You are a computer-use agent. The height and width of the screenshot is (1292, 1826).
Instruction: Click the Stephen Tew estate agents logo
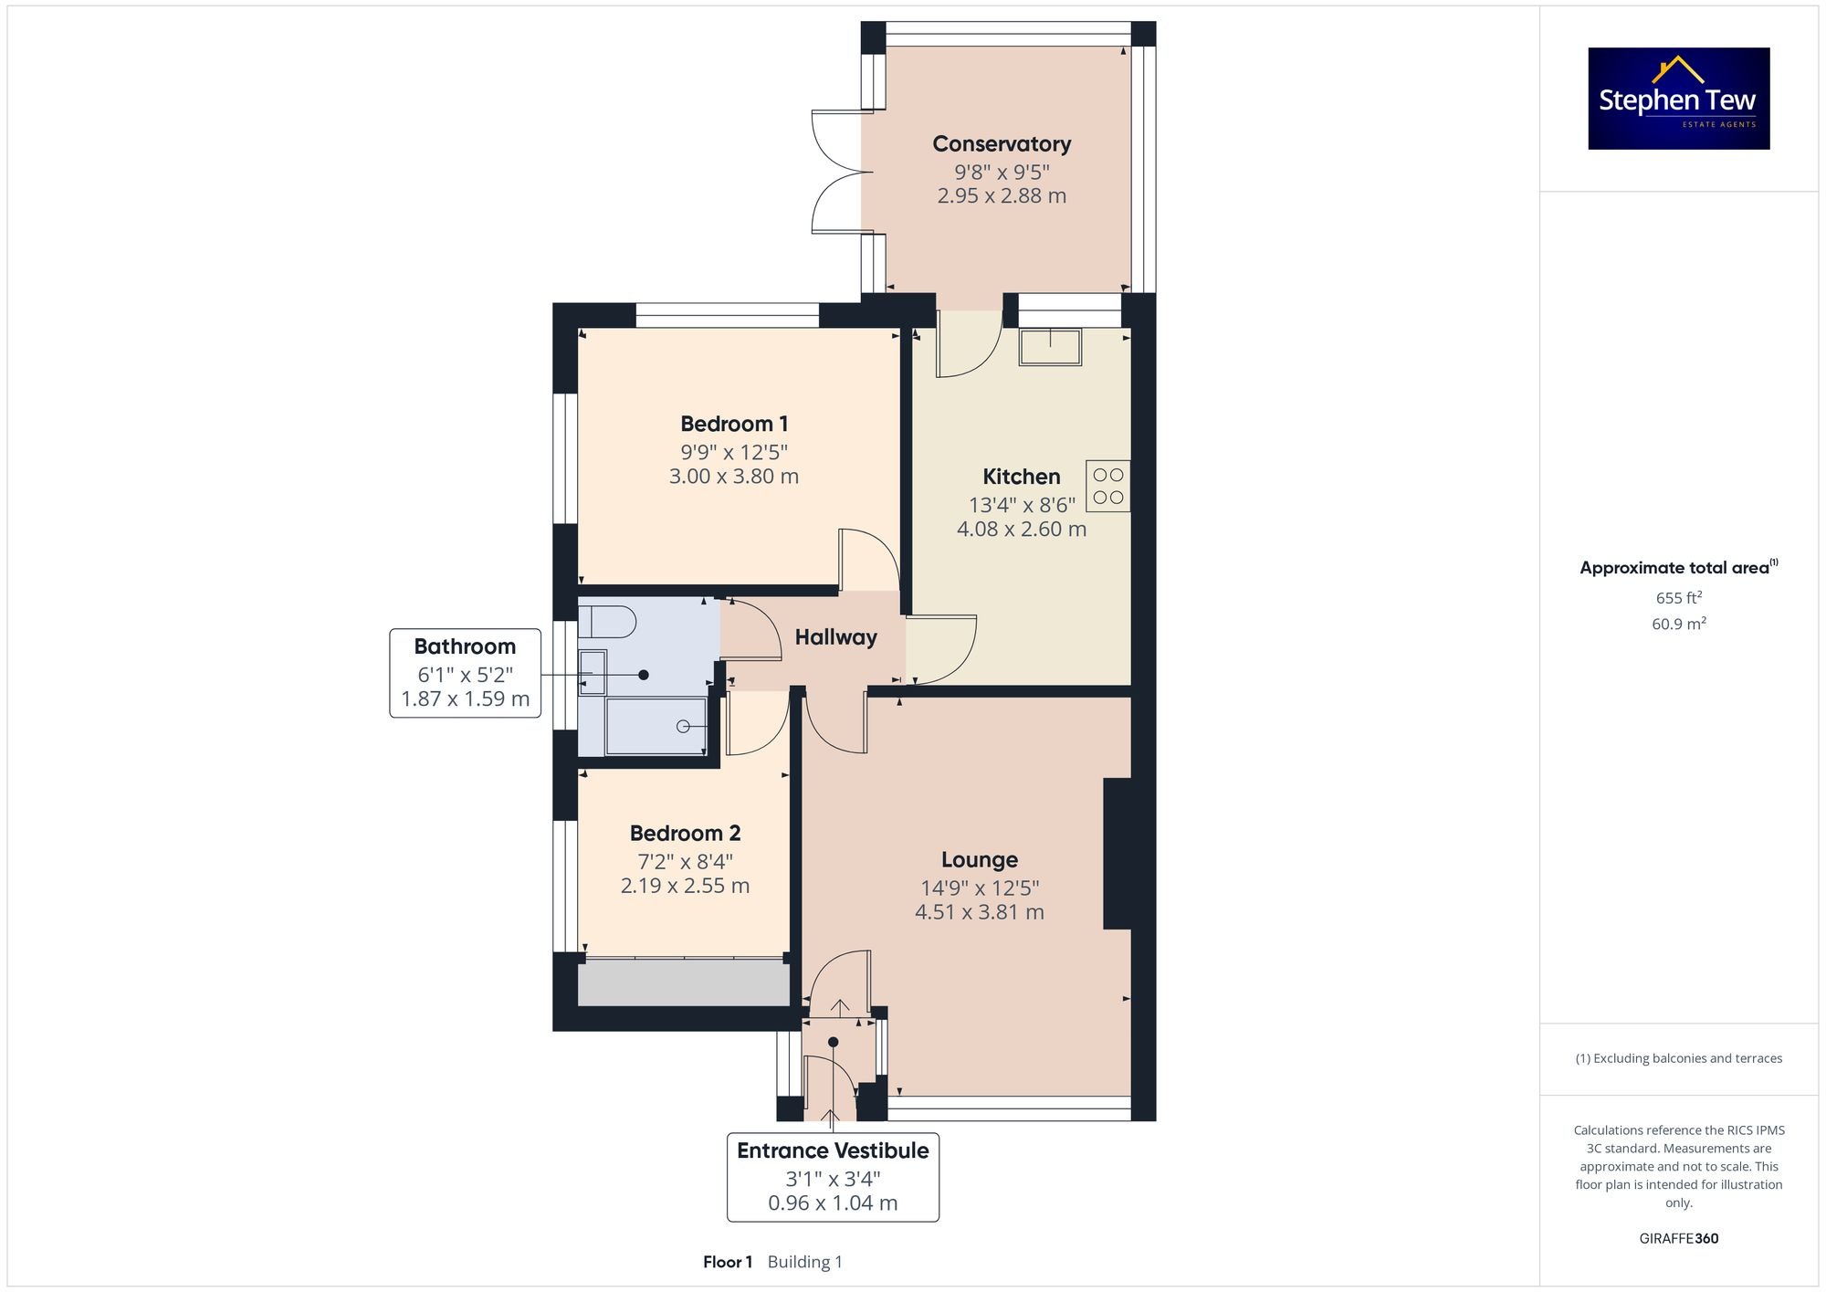(1678, 99)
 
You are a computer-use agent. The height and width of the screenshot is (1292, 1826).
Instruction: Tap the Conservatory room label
(1002, 144)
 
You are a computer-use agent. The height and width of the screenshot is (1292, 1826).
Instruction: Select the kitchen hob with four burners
(1107, 486)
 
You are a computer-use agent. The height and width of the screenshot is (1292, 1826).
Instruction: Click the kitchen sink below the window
(1050, 347)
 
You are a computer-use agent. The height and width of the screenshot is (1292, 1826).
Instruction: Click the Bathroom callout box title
(465, 646)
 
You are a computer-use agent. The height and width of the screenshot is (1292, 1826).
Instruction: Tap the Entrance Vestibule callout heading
(833, 1150)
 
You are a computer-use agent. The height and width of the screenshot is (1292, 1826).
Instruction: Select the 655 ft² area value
(1678, 598)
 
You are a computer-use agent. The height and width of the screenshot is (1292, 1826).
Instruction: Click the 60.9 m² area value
(1678, 624)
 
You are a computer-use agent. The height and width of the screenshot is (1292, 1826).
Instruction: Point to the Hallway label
(835, 637)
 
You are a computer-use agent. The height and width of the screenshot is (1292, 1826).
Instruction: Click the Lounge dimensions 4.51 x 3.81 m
(979, 912)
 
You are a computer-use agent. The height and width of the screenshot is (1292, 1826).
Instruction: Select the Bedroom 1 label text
(734, 424)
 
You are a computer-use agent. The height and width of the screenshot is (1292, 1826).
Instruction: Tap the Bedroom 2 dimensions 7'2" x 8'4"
(685, 861)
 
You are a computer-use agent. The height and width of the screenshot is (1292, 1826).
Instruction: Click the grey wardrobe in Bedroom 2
(683, 983)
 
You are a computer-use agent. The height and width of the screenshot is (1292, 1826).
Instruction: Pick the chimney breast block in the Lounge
(1118, 853)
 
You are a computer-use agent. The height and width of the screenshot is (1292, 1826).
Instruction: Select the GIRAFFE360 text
(1678, 1238)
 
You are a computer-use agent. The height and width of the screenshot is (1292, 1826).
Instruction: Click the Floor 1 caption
(728, 1262)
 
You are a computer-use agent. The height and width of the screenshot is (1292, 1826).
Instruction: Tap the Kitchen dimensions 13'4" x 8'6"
(1022, 505)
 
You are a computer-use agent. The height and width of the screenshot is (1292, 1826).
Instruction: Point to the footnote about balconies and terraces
(1678, 1058)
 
